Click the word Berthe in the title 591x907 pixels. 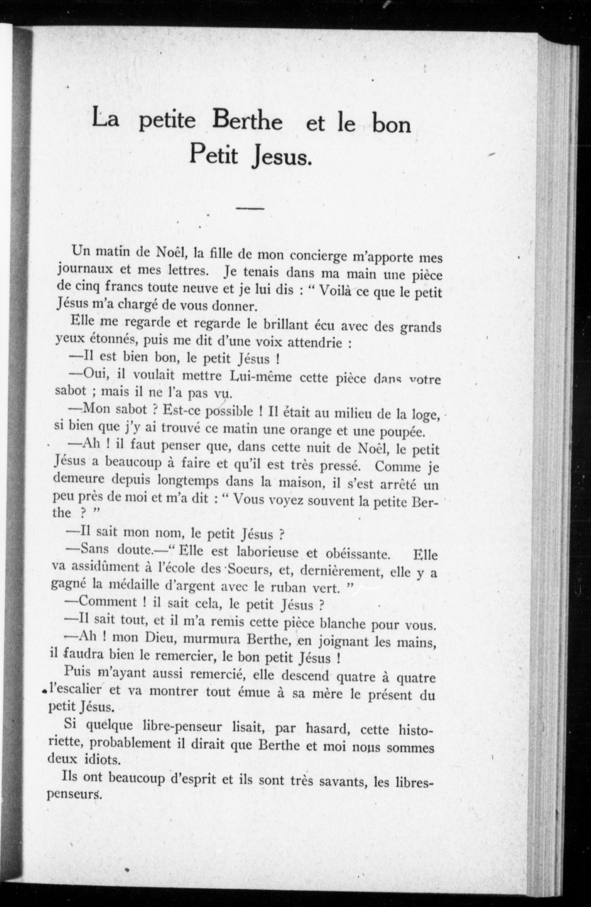click(248, 121)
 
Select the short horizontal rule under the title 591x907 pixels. click(250, 208)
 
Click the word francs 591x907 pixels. click(126, 287)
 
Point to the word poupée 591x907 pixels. click(402, 432)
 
